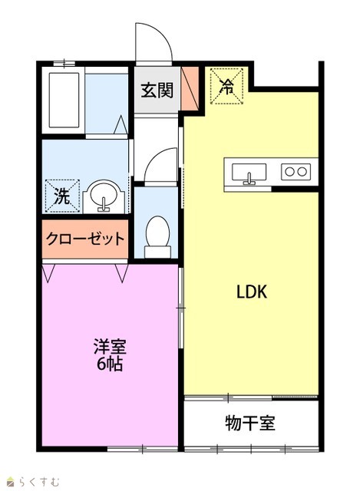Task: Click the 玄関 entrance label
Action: (x=157, y=91)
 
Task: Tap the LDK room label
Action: (x=252, y=292)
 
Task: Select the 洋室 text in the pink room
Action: (x=110, y=347)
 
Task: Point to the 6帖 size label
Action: (x=109, y=364)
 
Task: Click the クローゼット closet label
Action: (x=85, y=239)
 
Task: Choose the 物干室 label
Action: (x=250, y=423)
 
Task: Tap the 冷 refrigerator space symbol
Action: (x=226, y=86)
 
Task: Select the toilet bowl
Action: (x=157, y=237)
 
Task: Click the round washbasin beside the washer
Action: (x=104, y=196)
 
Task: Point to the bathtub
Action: (x=64, y=101)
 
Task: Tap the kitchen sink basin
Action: (x=249, y=173)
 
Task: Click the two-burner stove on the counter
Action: (x=296, y=172)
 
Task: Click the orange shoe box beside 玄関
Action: (x=190, y=88)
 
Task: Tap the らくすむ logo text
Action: (x=39, y=481)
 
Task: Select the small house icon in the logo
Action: (x=12, y=481)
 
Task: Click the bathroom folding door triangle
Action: (x=121, y=124)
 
